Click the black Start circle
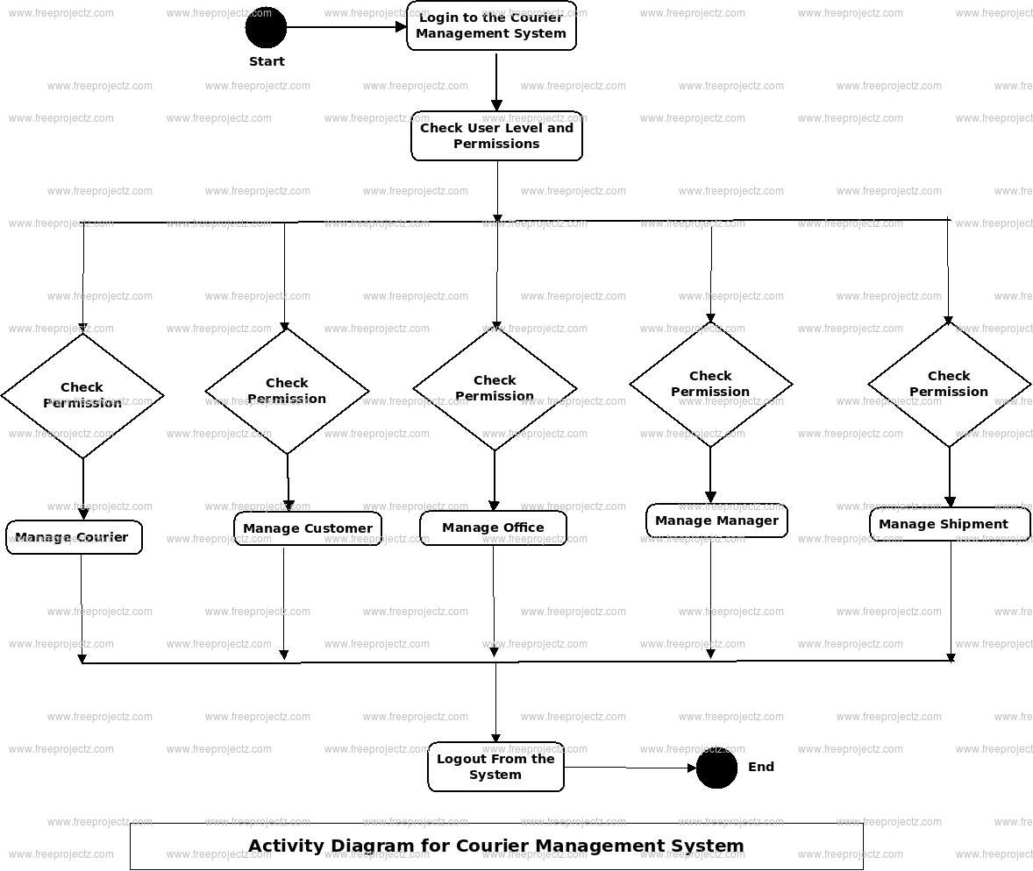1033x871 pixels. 266,27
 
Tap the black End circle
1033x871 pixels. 716,768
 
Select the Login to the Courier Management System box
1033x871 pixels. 491,25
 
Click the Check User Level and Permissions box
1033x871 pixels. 496,136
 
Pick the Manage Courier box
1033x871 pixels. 74,537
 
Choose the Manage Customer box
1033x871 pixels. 308,528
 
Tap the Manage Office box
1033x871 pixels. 493,528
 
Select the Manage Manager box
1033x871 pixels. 716,520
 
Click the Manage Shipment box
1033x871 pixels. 950,524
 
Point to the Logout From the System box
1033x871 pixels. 495,767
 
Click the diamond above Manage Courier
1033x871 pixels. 82,395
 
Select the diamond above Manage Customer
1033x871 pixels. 287,391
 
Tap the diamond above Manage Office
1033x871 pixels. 495,388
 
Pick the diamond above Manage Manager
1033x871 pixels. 710,384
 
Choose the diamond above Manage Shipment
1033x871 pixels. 949,384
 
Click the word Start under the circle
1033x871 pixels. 267,61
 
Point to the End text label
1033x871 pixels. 761,767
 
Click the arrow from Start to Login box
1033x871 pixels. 346,27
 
